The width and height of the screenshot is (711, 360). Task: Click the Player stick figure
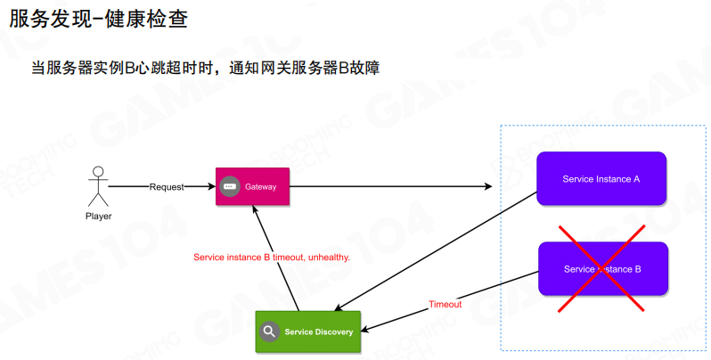click(99, 186)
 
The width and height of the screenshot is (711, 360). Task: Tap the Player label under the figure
click(99, 216)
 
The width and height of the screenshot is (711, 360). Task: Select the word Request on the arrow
click(167, 187)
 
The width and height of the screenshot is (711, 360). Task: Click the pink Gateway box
click(252, 186)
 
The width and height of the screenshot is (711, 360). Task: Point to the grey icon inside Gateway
click(230, 186)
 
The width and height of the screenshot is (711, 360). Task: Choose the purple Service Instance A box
click(601, 179)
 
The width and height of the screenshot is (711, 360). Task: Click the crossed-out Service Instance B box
click(601, 269)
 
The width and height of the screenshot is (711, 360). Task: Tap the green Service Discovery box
click(307, 331)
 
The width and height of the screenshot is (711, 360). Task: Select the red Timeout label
click(445, 305)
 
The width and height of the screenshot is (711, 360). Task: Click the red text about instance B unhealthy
click(272, 257)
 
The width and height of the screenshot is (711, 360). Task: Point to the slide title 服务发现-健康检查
click(99, 20)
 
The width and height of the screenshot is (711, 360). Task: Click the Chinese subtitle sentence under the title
click(205, 68)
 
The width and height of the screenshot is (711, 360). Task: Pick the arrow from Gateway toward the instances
click(392, 187)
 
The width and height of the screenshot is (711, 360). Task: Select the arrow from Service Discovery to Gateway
click(276, 258)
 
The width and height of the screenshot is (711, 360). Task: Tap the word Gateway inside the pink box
click(261, 187)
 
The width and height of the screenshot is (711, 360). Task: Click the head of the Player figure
click(99, 171)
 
